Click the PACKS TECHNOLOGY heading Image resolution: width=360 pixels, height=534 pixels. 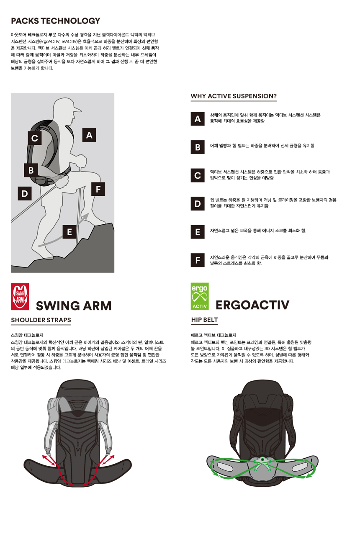tap(56, 21)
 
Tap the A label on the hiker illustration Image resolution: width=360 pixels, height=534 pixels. tap(89, 135)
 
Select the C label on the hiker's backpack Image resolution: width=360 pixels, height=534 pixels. tap(35, 138)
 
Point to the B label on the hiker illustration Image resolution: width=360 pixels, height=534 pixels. tap(31, 170)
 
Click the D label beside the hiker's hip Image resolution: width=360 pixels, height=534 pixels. tap(25, 193)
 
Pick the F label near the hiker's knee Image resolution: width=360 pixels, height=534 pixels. tap(98, 189)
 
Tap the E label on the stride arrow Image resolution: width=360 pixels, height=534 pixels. tap(69, 232)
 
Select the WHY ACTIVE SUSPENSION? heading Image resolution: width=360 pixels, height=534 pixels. tap(234, 96)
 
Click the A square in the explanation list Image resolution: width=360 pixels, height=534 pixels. tap(198, 119)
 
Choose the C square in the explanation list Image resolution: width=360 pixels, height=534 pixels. tap(198, 175)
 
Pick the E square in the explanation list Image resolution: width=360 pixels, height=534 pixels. tap(198, 232)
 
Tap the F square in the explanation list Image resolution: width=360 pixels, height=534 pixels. tap(198, 260)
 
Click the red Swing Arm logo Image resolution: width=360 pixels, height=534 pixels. tap(20, 297)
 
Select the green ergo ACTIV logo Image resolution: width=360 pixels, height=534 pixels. tap(200, 296)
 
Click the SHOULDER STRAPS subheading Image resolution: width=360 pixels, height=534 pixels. tap(41, 320)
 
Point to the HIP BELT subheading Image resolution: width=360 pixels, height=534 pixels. tap(205, 320)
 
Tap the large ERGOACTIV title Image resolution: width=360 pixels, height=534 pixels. tap(252, 305)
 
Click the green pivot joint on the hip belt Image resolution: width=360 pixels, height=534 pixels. tap(262, 459)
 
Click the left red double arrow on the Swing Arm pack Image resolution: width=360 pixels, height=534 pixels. tap(49, 460)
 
